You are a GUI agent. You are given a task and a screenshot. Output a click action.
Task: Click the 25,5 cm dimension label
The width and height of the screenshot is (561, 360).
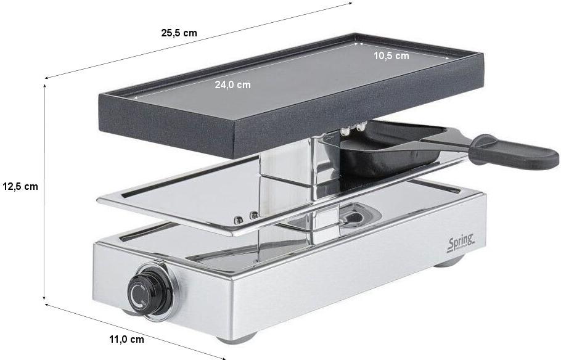179,33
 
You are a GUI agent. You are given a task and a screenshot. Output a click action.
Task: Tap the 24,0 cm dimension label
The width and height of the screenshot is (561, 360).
232,85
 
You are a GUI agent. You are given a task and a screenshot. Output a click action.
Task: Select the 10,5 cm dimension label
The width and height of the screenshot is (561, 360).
391,56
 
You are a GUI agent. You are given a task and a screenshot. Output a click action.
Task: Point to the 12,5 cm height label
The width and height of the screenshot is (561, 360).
20,186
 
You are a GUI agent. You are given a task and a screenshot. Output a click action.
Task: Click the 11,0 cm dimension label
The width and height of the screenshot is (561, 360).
126,339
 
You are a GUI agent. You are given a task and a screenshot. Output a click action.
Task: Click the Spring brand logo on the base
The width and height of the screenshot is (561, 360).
461,243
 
